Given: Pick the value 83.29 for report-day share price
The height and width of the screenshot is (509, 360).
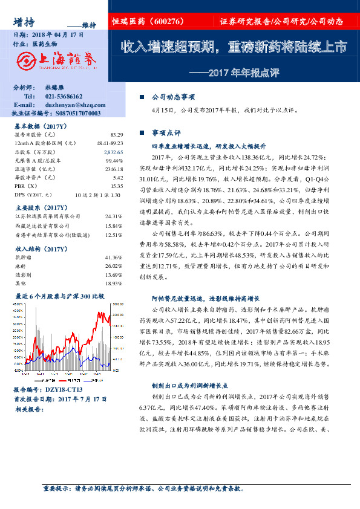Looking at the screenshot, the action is coord(117,134).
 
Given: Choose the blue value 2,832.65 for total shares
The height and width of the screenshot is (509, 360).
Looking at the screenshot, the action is coord(113,153).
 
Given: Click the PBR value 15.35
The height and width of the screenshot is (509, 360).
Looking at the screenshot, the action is coord(117,187).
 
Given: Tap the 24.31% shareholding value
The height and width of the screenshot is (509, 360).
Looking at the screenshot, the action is coord(114,216).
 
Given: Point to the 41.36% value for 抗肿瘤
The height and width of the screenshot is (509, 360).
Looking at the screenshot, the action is coord(114,258).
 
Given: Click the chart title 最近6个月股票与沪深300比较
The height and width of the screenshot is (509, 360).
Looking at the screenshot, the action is coord(59,296).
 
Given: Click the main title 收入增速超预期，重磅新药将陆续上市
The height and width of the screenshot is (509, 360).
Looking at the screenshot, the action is coord(234,47).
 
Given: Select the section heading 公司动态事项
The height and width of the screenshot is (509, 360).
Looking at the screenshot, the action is coord(173,97).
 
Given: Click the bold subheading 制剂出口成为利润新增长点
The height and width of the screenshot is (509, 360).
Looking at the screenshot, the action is coord(188,384).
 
